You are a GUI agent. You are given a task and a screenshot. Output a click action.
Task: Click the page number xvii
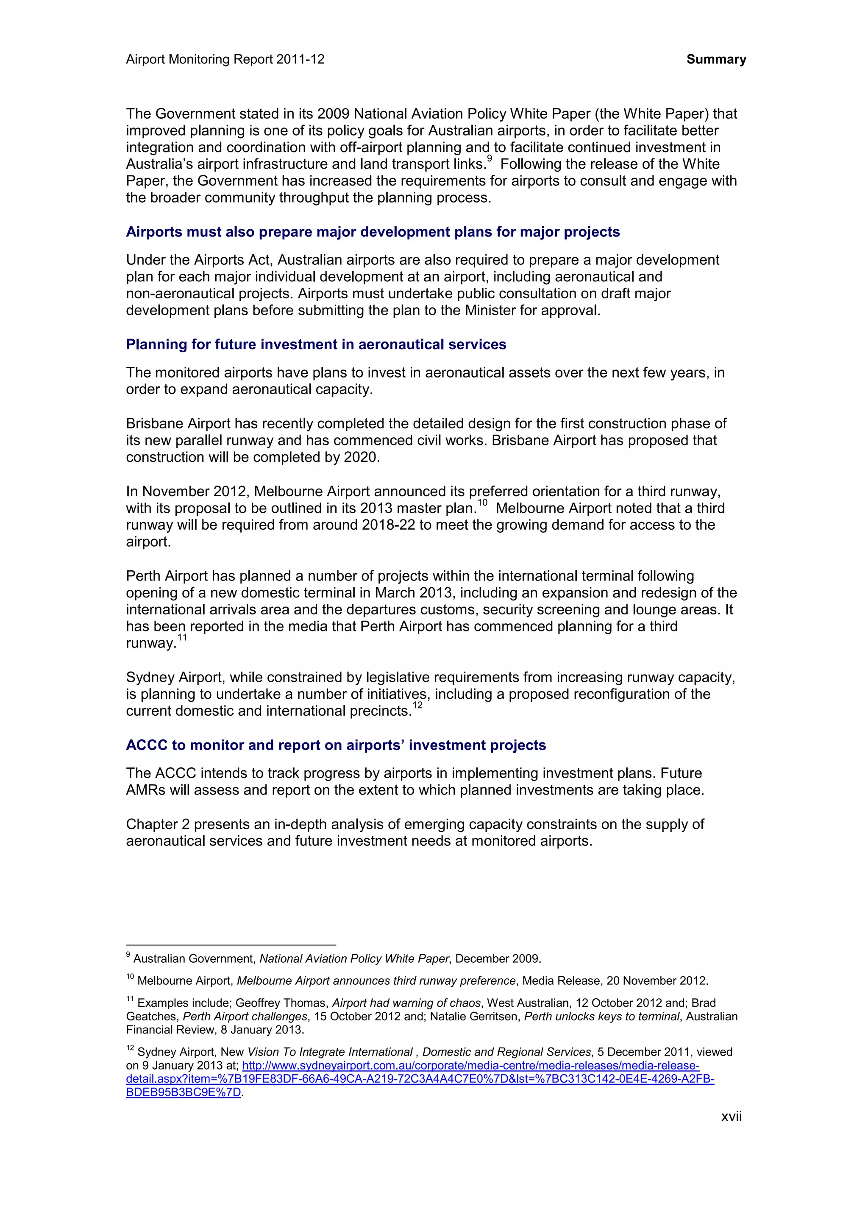tap(731, 1116)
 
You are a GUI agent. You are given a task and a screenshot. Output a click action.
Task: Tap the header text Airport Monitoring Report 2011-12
tap(225, 59)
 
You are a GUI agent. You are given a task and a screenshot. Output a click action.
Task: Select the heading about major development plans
tap(373, 232)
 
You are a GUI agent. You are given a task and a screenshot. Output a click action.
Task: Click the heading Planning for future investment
tap(315, 344)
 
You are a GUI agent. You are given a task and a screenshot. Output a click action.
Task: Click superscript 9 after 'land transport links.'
tap(490, 159)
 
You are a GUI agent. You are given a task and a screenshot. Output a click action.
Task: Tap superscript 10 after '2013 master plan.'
tap(482, 503)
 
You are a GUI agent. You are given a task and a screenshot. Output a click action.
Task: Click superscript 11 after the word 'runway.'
tap(182, 638)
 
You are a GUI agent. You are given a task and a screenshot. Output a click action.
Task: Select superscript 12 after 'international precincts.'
tap(418, 706)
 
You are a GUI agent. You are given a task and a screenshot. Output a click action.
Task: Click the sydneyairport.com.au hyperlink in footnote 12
tap(470, 1065)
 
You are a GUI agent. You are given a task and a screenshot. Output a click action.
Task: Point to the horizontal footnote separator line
tap(231, 945)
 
